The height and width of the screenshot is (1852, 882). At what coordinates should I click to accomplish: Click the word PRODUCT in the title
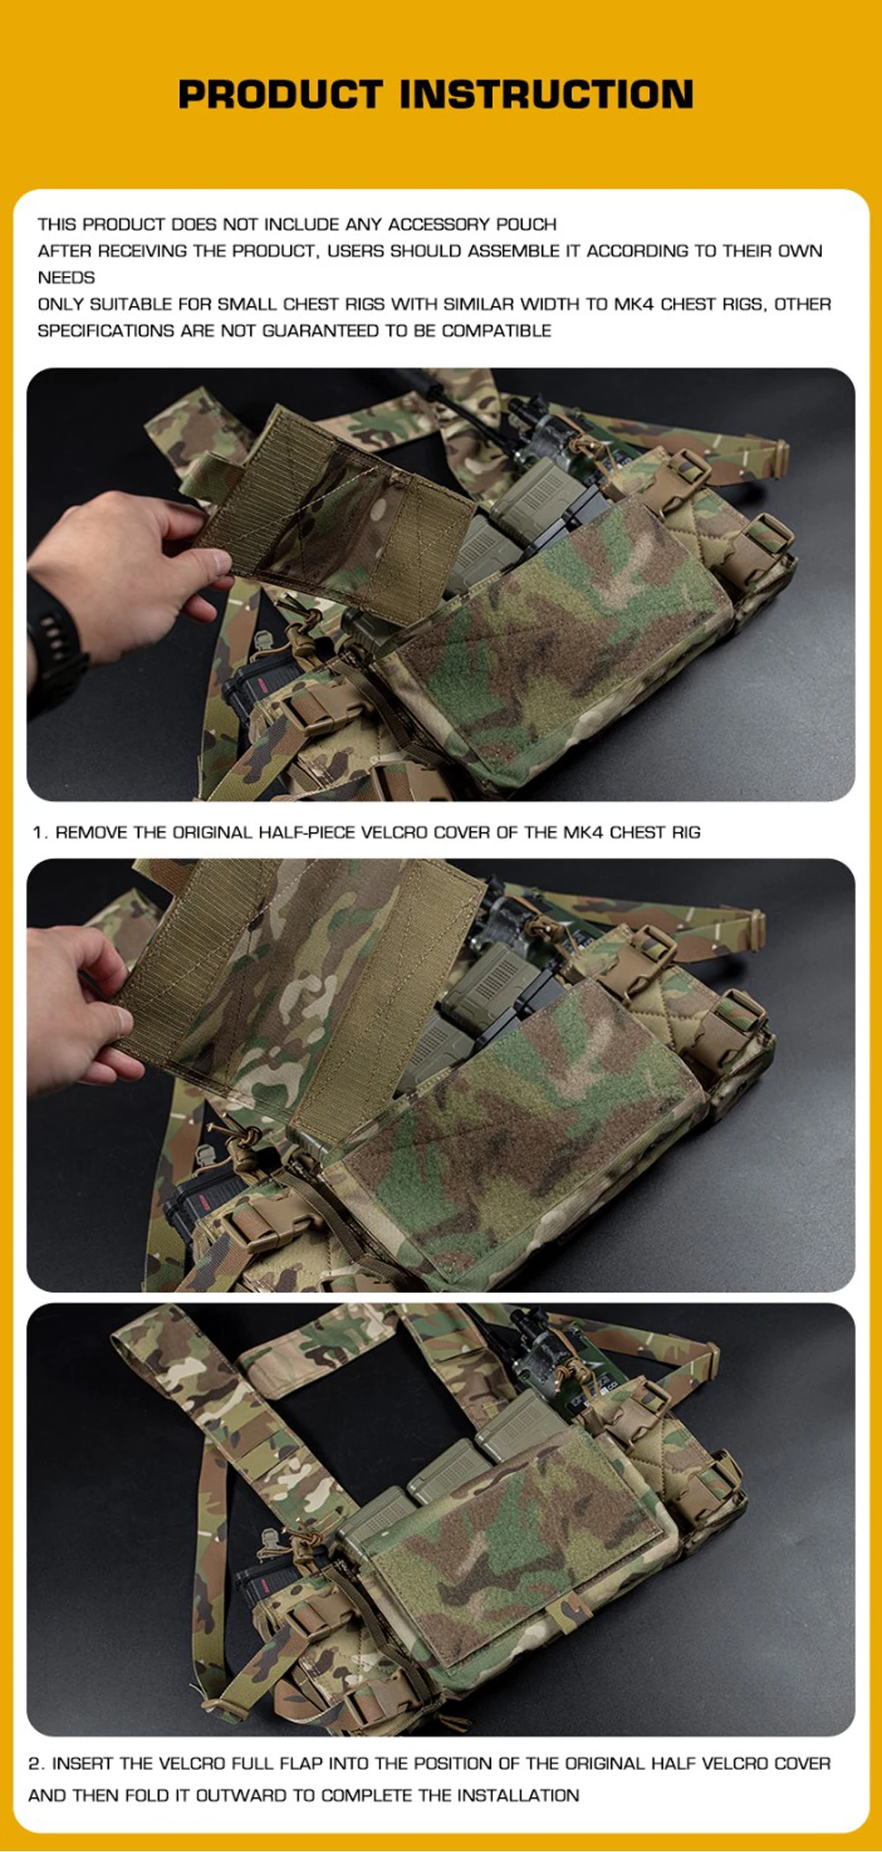280,94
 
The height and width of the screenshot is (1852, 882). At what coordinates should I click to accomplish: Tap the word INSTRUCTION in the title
548,94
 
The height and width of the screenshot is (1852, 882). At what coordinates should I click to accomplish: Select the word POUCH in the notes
526,224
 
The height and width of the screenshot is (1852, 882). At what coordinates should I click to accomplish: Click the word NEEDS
66,278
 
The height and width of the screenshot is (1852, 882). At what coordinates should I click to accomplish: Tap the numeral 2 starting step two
34,1764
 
